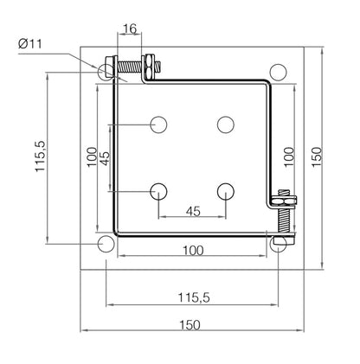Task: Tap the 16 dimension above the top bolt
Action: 129,29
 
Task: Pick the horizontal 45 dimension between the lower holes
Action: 192,210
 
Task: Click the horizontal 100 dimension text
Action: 192,250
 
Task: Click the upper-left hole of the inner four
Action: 157,125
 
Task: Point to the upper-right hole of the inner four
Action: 226,125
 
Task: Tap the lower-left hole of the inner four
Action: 157,191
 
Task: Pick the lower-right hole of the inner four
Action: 226,191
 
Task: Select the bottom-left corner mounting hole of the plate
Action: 106,244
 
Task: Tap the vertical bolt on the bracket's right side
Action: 283,213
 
